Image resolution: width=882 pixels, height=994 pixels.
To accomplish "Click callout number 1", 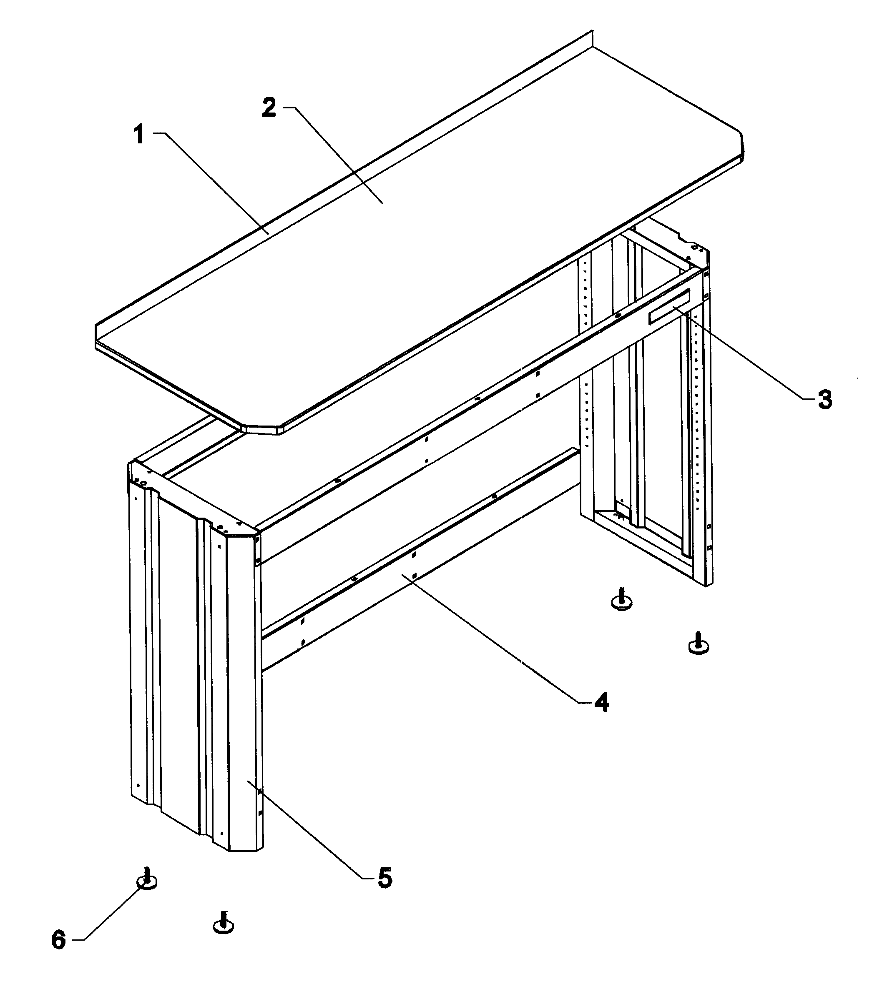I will (139, 135).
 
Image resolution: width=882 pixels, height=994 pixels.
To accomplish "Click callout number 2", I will (269, 108).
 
